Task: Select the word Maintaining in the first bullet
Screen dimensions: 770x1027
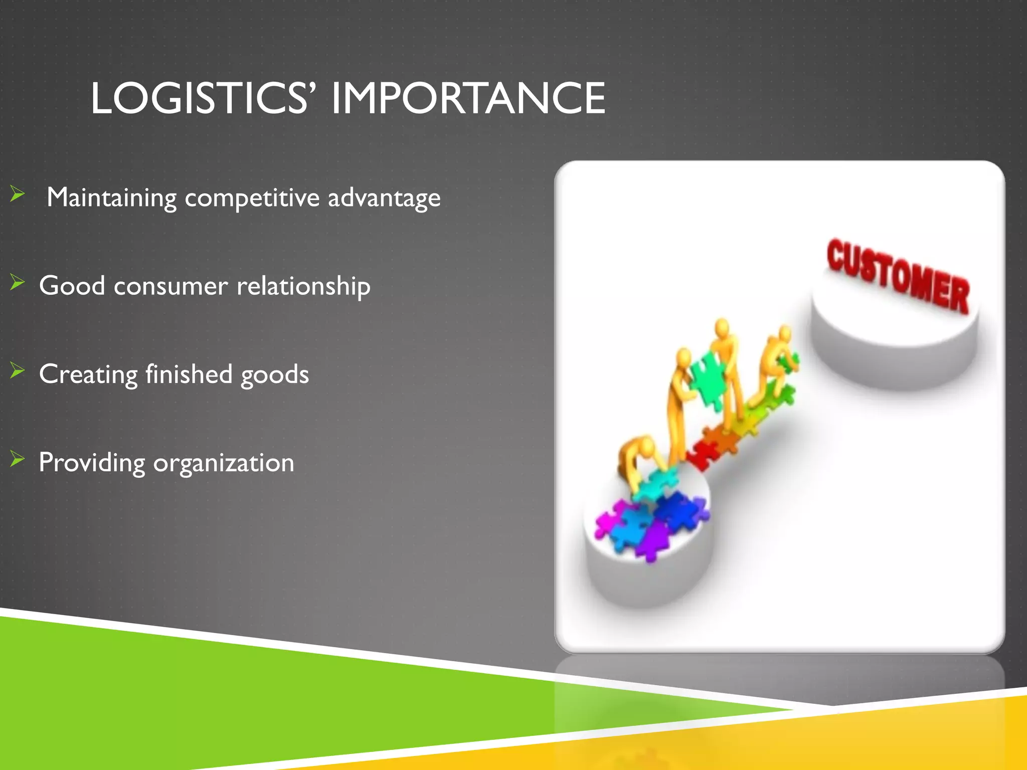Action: pos(111,198)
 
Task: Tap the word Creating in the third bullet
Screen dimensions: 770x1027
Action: pos(88,375)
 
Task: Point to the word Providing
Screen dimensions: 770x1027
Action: pos(91,463)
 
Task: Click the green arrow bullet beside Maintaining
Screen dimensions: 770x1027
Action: pos(17,194)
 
